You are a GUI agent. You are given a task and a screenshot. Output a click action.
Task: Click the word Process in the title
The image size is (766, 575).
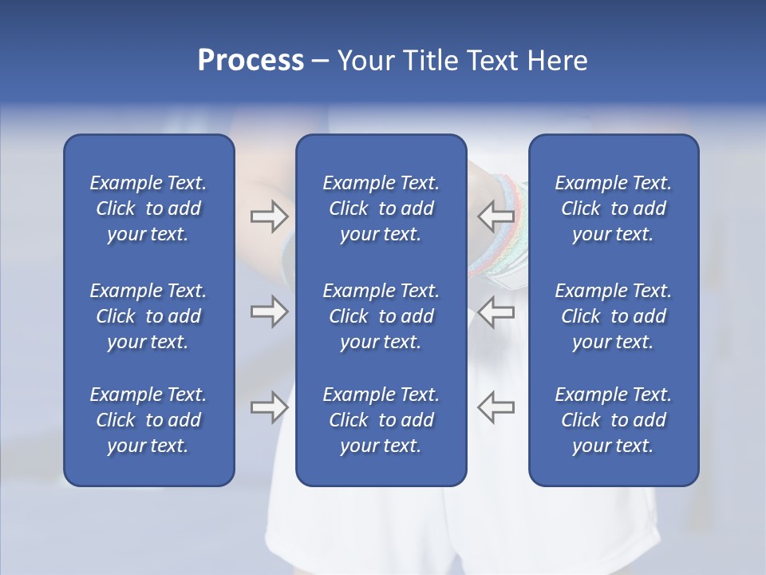251,61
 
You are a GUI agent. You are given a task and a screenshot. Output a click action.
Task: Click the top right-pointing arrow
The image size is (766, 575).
269,215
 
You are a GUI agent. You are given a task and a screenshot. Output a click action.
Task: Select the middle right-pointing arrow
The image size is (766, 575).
269,311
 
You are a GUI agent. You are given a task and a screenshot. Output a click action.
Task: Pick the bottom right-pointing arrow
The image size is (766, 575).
269,407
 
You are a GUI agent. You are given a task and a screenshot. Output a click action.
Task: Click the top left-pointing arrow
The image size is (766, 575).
496,215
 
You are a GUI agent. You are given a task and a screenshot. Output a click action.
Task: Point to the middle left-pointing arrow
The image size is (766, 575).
496,311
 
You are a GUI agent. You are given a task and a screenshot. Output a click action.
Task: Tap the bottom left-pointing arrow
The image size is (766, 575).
496,407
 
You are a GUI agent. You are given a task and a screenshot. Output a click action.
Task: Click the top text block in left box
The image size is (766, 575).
148,208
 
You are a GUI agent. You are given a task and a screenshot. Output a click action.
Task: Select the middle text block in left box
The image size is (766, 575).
148,316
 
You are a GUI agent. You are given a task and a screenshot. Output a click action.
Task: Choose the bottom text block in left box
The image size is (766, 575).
148,420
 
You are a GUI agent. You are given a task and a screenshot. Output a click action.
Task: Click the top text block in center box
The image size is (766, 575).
381,208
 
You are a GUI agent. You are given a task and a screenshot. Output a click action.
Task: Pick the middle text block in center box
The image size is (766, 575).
381,316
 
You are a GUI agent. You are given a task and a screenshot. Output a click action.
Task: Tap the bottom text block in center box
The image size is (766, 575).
381,420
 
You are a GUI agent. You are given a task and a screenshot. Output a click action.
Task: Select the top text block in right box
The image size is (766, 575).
613,208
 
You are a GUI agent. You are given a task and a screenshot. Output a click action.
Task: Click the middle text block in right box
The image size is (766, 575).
613,316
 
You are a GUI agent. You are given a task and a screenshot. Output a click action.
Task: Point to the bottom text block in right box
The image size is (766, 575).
613,420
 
